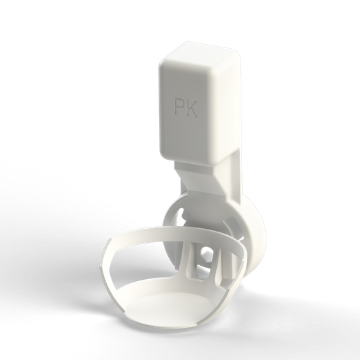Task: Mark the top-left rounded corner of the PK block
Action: click(x=164, y=60)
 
